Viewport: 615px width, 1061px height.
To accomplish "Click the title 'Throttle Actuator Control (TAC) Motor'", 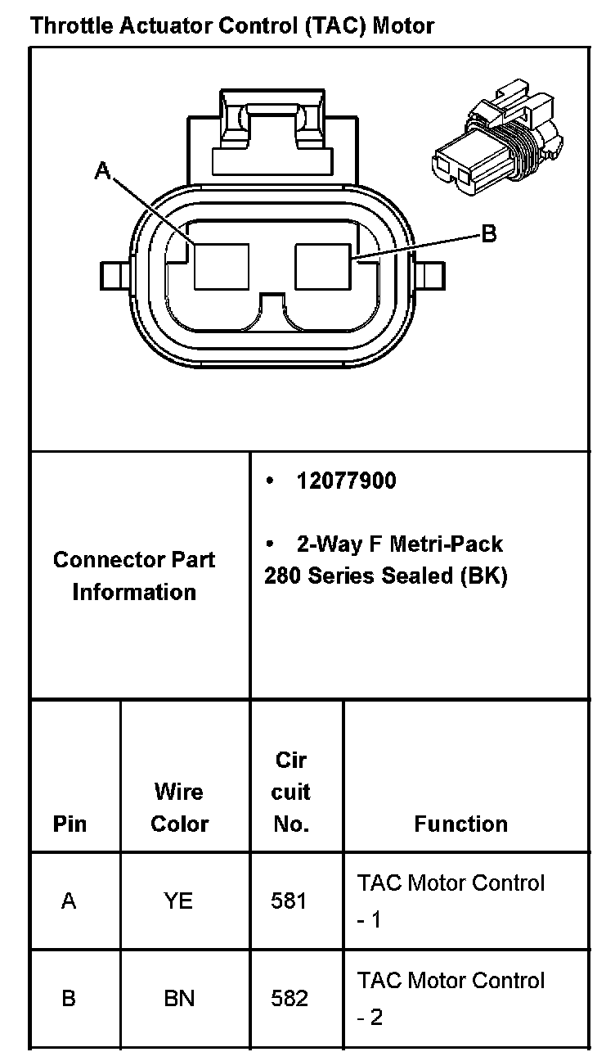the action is [232, 26].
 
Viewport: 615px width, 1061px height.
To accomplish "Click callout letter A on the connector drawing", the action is [103, 170].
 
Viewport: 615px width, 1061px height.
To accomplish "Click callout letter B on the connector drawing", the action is [488, 234].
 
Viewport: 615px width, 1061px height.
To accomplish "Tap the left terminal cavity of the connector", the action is [221, 266].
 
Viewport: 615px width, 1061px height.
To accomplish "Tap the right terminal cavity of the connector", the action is [323, 266].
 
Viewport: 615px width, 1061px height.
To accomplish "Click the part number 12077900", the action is [346, 481].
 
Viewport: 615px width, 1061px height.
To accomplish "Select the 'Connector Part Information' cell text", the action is [134, 576].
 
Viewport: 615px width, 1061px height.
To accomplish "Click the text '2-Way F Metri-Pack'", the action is [399, 544].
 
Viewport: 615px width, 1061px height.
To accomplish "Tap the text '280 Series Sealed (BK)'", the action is [385, 576].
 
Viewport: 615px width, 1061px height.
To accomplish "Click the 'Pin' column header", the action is [70, 824].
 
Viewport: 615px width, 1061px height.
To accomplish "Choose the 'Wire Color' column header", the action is [179, 808].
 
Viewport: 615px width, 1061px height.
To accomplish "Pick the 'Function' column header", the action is [460, 824].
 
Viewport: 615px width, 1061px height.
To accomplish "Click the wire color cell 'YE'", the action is [178, 901].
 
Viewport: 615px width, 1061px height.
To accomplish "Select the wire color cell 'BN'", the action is [178, 999].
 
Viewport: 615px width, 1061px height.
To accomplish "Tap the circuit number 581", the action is [289, 901].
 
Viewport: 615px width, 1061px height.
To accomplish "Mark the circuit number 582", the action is [289, 999].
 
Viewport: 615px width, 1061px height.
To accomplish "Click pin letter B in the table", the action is [69, 999].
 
